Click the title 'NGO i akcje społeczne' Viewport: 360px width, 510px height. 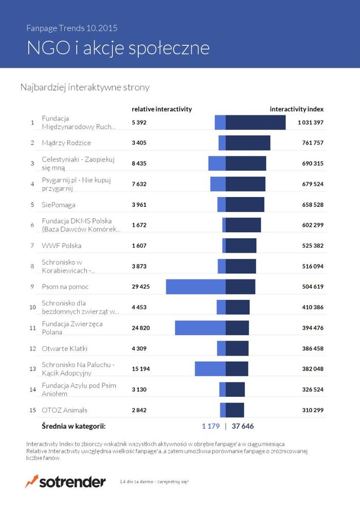coord(118,48)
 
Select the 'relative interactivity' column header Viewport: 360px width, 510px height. coord(161,109)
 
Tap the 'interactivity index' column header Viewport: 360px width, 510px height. coord(296,109)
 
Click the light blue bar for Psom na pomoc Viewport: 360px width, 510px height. coord(195,287)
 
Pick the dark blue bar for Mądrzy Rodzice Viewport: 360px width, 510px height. coord(248,143)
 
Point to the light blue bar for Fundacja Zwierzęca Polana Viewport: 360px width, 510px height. coord(200,328)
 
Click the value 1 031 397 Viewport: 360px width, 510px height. coord(310,122)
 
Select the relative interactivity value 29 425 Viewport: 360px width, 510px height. coord(141,287)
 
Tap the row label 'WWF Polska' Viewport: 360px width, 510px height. coord(61,245)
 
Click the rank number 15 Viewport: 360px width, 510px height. coord(32,410)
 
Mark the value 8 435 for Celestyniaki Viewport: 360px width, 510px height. coord(139,164)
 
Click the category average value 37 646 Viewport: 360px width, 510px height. coord(243,426)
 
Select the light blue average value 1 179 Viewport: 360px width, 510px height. coord(210,426)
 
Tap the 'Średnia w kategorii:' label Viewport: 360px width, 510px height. coord(74,426)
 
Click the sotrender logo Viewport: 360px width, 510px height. coord(65,482)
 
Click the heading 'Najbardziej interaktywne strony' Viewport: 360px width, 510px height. coord(84,87)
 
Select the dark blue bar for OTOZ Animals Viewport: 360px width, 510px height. coord(235,410)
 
